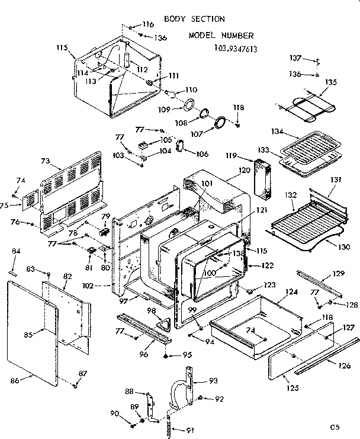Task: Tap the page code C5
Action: click(336, 425)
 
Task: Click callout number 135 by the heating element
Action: click(330, 82)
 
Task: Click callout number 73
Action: click(46, 161)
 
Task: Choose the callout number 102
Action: click(104, 286)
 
